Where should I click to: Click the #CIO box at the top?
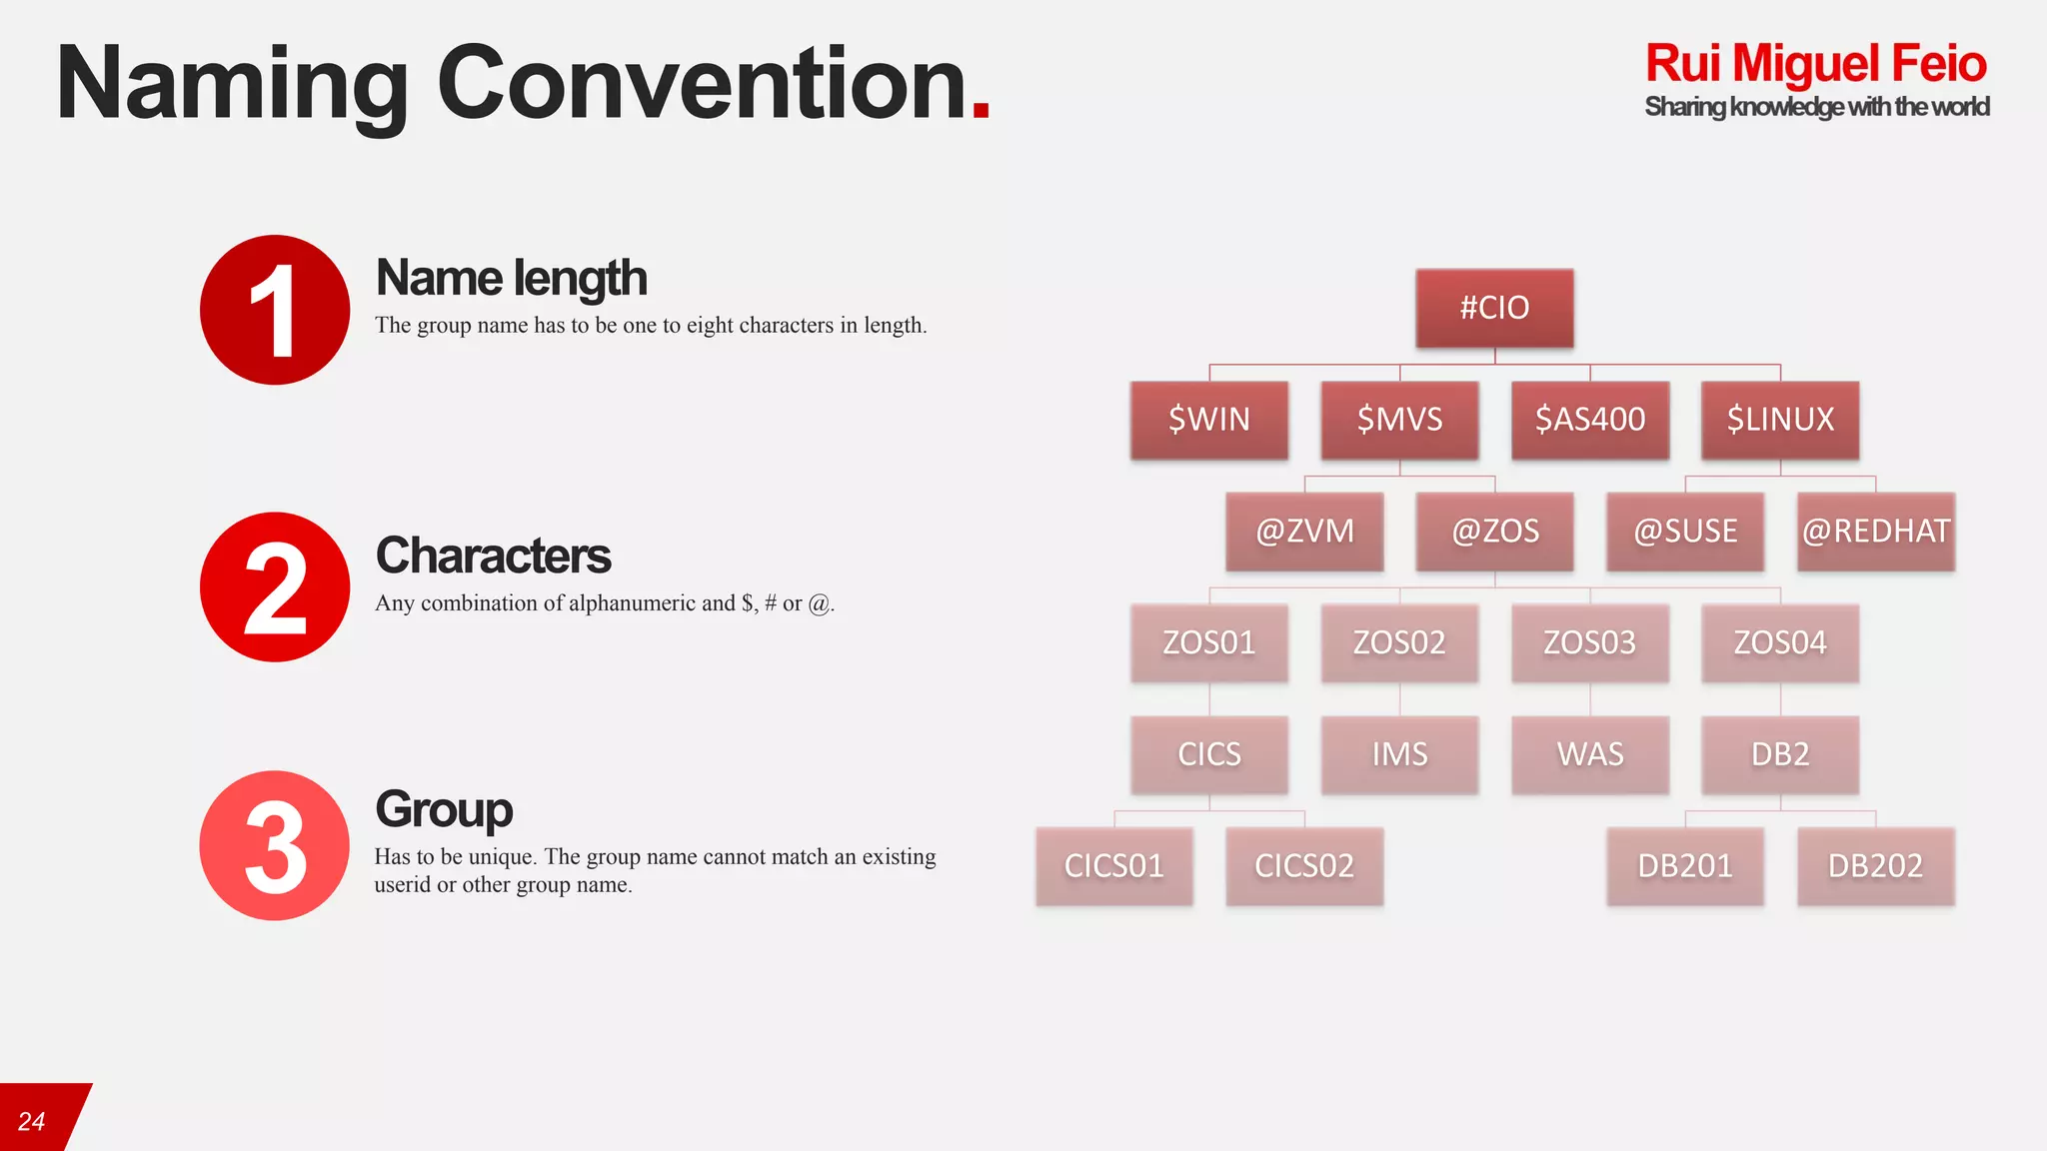[1494, 308]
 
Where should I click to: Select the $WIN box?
[1209, 420]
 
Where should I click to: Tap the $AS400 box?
[1590, 420]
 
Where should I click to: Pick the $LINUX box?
[1780, 420]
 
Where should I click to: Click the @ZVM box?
[1304, 532]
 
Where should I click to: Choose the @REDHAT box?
[1875, 532]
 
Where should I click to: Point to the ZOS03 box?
[1590, 642]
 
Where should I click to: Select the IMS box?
[1399, 754]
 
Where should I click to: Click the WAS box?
[1590, 754]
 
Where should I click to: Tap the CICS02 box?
[1304, 866]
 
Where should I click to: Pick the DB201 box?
[1685, 866]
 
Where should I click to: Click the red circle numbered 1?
[275, 310]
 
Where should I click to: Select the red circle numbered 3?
[275, 845]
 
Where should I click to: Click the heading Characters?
[493, 557]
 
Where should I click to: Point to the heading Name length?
[511, 279]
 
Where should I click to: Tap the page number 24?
[32, 1122]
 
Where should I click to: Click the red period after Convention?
[981, 112]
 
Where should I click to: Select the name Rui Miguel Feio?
[1815, 64]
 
